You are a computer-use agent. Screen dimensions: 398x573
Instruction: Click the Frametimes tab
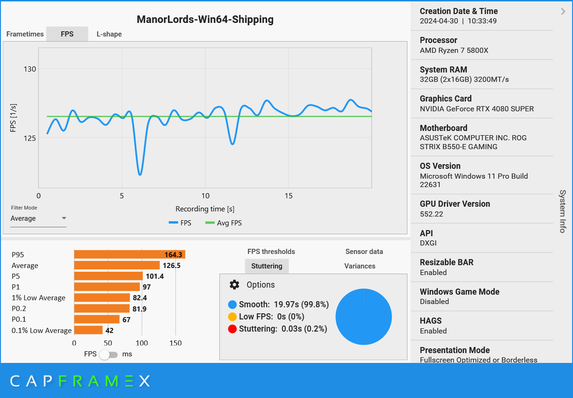25,34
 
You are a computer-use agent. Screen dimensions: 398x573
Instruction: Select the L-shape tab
109,34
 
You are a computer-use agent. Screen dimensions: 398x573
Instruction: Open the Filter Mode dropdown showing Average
38,218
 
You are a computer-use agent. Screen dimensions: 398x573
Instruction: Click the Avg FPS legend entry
224,223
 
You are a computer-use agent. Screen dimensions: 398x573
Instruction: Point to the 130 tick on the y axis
30,69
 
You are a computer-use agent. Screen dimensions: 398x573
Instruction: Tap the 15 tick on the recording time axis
288,195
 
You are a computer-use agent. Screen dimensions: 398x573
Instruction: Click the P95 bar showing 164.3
130,254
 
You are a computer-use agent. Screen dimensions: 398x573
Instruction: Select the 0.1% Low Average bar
88,330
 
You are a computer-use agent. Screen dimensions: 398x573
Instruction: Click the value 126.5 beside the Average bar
171,266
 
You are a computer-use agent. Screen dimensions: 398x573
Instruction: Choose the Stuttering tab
267,266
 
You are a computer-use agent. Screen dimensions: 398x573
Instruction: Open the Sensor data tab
364,252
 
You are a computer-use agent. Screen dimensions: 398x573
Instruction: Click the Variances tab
360,266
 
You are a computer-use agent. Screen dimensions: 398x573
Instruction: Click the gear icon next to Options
234,285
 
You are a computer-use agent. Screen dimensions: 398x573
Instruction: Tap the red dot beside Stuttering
232,329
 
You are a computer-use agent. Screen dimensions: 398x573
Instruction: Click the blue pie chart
363,317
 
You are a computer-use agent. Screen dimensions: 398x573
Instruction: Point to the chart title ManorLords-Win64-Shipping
205,20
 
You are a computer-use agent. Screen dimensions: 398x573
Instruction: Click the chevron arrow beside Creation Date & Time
563,12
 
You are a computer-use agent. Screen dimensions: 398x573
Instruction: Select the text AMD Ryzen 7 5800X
454,51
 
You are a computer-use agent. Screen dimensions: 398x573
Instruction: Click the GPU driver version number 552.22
431,214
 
